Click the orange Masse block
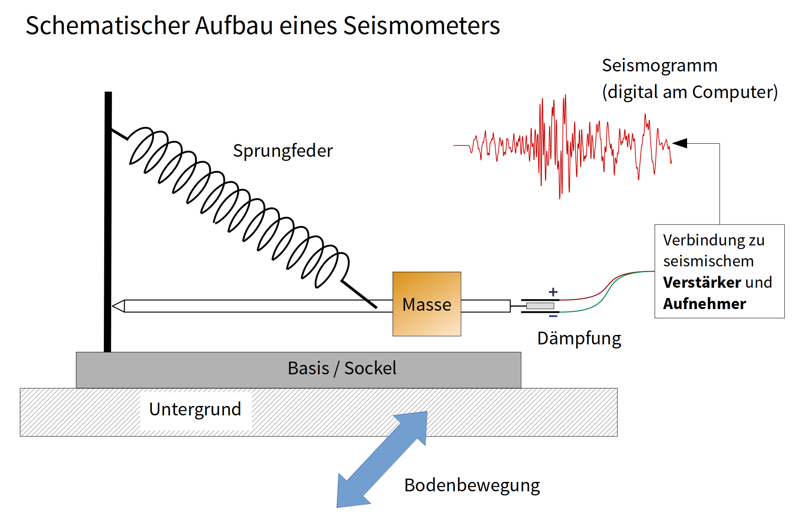coord(426,304)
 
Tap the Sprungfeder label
coord(283,151)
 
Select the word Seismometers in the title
coord(421,25)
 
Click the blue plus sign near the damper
coord(553,292)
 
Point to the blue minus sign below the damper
coord(553,316)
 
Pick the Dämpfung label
coord(579,339)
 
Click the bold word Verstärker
coord(702,282)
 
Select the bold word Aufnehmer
coord(704,304)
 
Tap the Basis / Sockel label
coord(342,368)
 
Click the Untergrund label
coord(195,409)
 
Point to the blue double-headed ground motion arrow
coord(382,460)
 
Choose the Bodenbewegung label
coord(472,485)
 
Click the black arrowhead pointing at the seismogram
coord(680,143)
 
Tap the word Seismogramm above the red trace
coord(660,66)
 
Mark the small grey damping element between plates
coord(540,306)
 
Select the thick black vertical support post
coord(108,222)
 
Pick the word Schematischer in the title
coord(108,25)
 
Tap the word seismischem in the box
coord(708,261)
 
